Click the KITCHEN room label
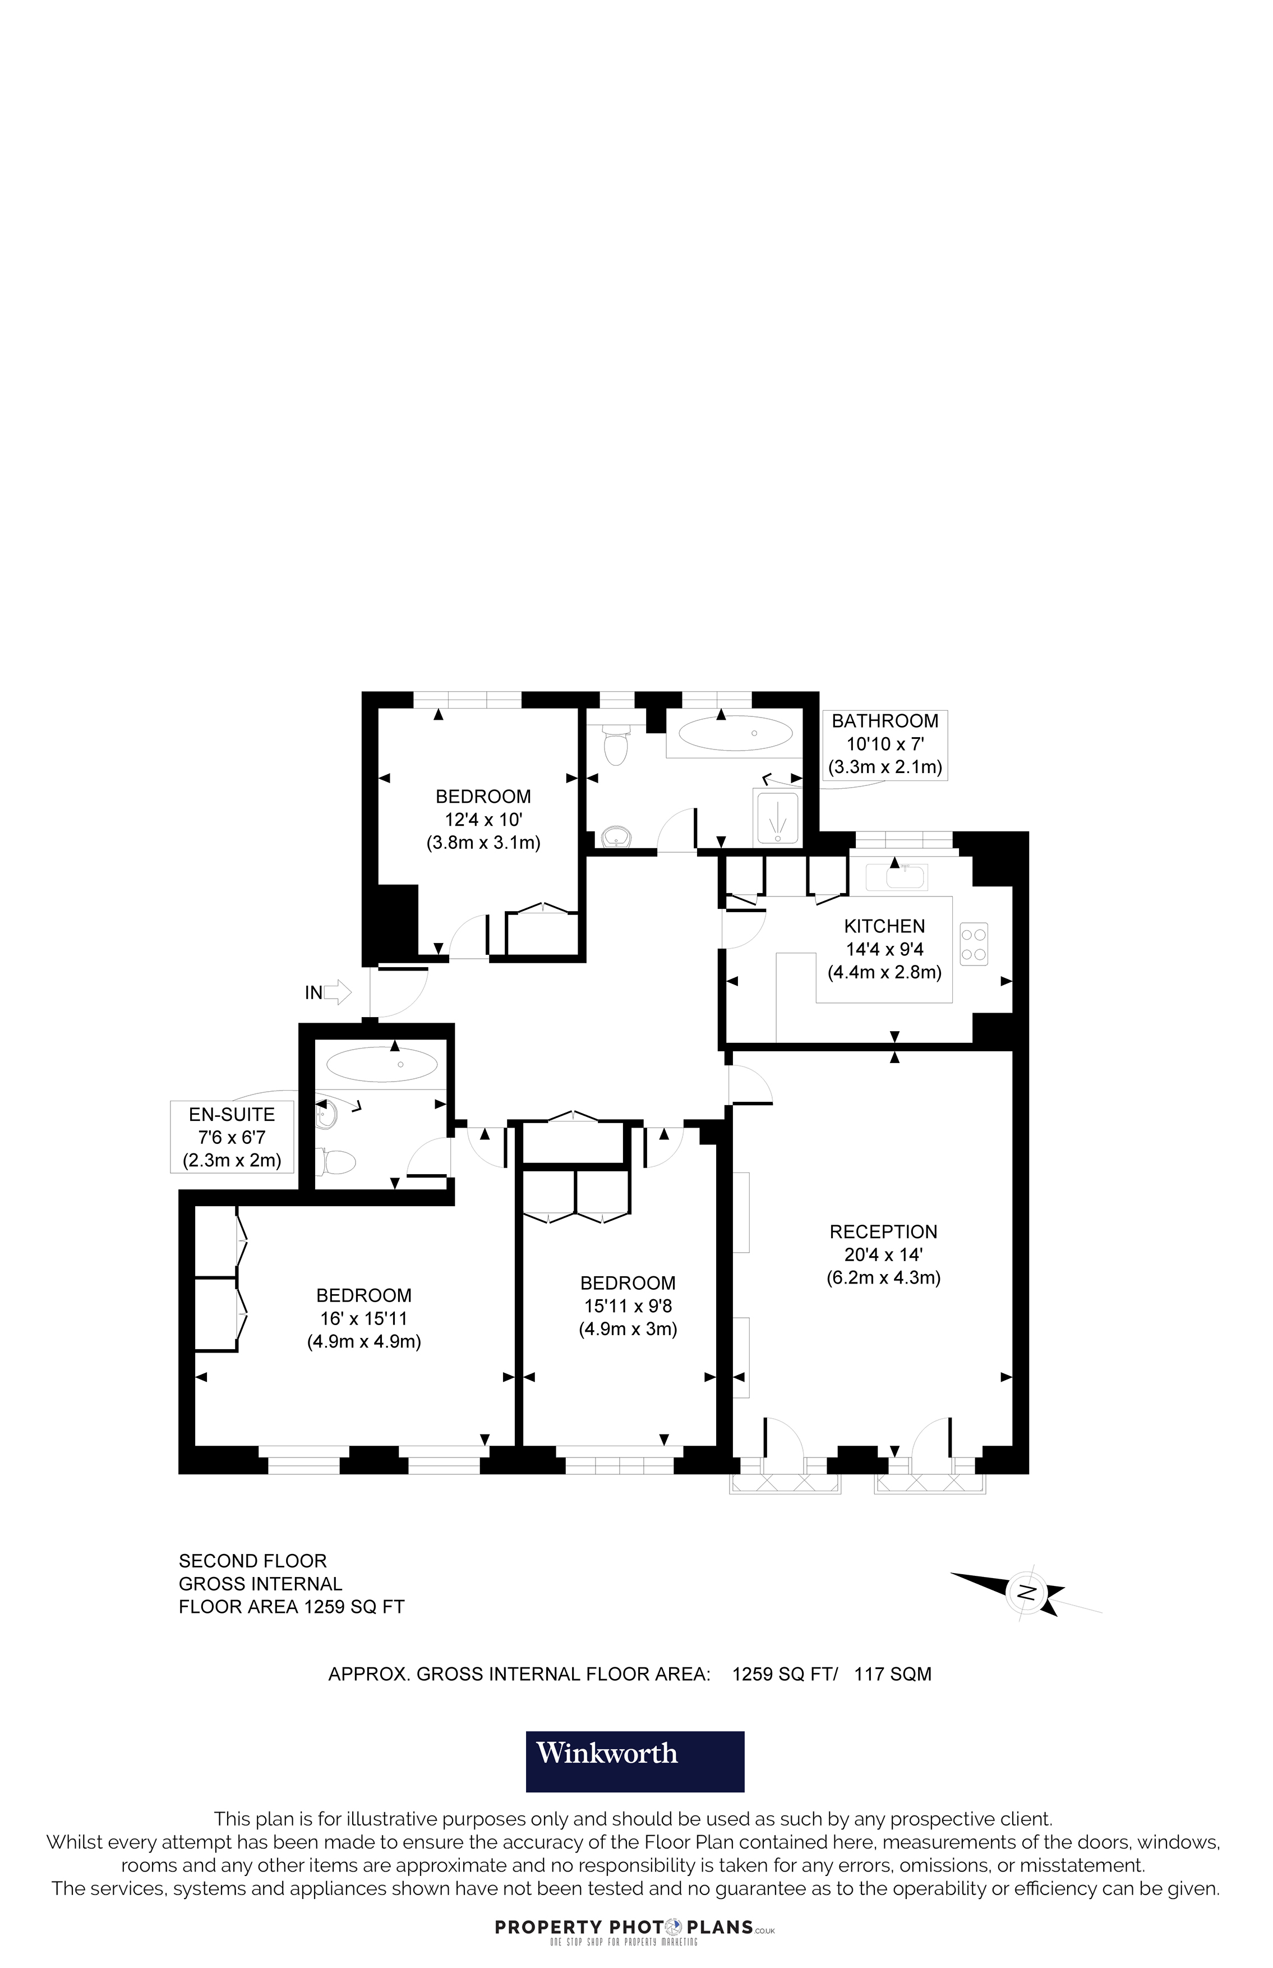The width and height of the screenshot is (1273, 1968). (884, 926)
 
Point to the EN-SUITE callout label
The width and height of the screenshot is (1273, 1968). (232, 1115)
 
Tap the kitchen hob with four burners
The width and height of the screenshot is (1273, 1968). (973, 944)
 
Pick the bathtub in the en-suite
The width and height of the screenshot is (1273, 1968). (382, 1064)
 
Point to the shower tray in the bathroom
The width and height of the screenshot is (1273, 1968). (777, 817)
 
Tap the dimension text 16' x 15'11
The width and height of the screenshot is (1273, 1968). (364, 1319)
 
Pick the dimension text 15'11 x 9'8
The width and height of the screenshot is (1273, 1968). (628, 1307)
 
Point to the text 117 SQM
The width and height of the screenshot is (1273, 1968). (893, 1675)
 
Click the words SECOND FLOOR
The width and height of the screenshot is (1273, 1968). (253, 1561)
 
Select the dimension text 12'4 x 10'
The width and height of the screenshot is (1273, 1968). (483, 820)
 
